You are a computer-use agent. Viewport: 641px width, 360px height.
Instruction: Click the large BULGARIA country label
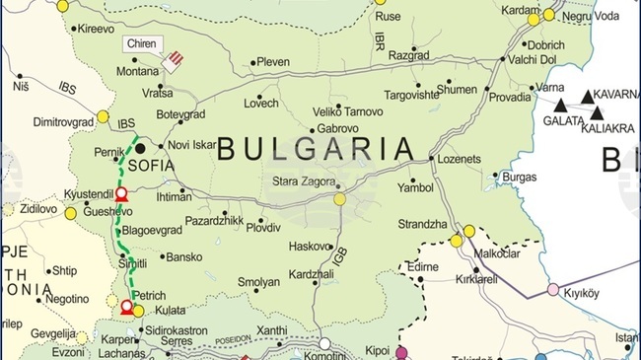pyautogui.click(x=315, y=149)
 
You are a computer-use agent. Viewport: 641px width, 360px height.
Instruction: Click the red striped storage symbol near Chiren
pyautogui.click(x=174, y=61)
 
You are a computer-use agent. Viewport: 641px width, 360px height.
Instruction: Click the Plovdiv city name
pyautogui.click(x=263, y=227)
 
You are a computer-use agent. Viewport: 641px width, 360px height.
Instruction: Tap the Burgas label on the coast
pyautogui.click(x=519, y=177)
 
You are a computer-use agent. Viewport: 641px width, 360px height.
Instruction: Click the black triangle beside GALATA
pyautogui.click(x=560, y=105)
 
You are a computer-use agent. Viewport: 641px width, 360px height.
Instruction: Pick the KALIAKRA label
pyautogui.click(x=608, y=128)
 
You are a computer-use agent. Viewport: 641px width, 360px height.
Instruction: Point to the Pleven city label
pyautogui.click(x=273, y=62)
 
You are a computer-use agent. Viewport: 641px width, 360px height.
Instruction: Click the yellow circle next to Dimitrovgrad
pyautogui.click(x=103, y=116)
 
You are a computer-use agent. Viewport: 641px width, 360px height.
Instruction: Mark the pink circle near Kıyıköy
pyautogui.click(x=553, y=289)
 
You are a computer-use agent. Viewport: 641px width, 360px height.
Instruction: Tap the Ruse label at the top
pyautogui.click(x=389, y=17)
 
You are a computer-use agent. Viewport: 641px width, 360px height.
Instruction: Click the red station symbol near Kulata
pyautogui.click(x=126, y=309)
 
